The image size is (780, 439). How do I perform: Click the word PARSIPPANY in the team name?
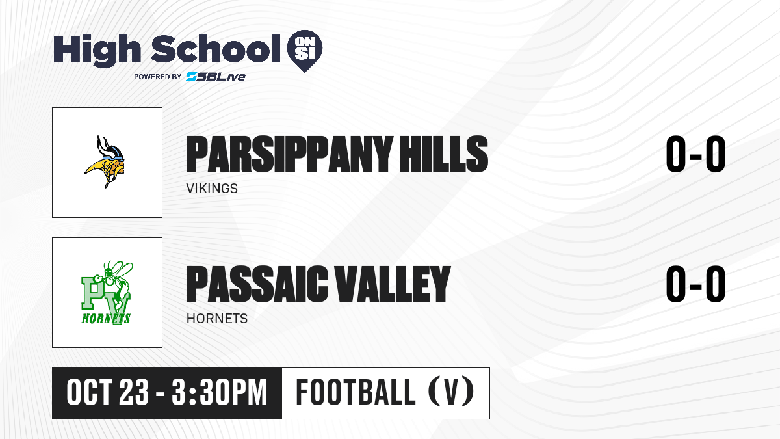(290, 154)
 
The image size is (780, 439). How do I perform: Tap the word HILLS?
(443, 154)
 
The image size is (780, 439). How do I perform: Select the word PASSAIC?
(257, 284)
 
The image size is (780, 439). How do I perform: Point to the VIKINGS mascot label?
(212, 189)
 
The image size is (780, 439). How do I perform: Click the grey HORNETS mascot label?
(217, 319)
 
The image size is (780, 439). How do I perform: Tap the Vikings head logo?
(105, 162)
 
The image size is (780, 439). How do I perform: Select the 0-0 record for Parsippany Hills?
(695, 154)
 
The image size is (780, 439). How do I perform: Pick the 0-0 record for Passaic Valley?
(695, 284)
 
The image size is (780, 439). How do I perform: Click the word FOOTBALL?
(356, 393)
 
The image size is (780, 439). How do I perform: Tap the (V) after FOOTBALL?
(451, 393)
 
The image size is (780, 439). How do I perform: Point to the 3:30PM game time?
(220, 393)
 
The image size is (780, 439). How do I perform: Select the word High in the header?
(97, 50)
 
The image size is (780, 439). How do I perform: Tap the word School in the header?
(216, 48)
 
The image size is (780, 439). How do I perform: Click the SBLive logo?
(215, 77)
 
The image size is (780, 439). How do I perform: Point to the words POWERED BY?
(158, 77)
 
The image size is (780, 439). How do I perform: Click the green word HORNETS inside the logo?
(106, 319)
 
